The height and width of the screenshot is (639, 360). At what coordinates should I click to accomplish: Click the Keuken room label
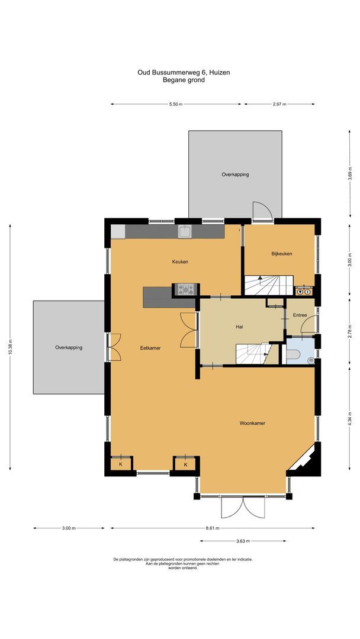(x=180, y=262)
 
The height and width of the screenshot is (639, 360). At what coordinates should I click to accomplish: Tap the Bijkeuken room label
(x=282, y=254)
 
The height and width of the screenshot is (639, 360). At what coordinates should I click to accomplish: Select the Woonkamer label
(x=252, y=424)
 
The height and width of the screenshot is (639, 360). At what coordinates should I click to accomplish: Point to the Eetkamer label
(x=150, y=348)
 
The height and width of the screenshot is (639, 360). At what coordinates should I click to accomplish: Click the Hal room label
(x=240, y=326)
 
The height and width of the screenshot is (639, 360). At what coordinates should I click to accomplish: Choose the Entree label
(x=299, y=315)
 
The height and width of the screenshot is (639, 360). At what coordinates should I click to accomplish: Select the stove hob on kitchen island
(x=185, y=289)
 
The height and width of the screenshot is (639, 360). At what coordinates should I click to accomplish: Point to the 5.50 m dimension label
(x=176, y=104)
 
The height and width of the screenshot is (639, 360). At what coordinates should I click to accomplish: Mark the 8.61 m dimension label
(x=213, y=528)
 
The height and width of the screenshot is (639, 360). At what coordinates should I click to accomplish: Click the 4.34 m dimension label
(x=350, y=411)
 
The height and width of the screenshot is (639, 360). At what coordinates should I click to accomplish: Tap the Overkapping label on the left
(x=69, y=347)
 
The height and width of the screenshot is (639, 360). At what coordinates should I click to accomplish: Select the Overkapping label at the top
(x=235, y=175)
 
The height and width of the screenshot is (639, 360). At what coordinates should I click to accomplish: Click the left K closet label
(x=121, y=464)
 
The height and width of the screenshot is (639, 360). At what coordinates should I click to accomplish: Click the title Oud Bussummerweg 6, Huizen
(x=184, y=72)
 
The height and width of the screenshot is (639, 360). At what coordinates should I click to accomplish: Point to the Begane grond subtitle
(x=184, y=80)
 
